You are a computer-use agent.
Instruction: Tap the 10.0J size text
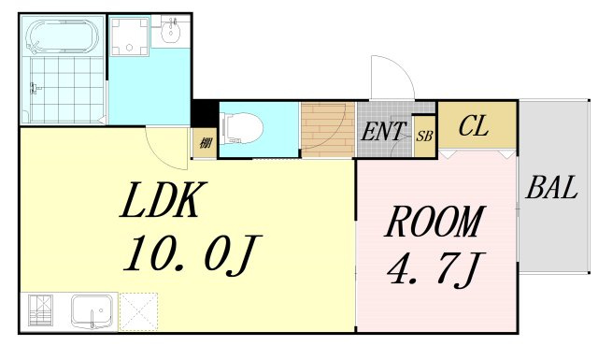pos(192,252)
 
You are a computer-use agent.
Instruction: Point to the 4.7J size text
pos(436,269)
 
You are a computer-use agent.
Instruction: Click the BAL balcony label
pos(552,187)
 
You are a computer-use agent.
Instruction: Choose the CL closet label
pos(474,126)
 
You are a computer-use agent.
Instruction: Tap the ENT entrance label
pos(382,131)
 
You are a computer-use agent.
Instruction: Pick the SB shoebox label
pos(424,136)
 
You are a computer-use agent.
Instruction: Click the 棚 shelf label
pos(206,143)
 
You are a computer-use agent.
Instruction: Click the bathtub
pos(63,36)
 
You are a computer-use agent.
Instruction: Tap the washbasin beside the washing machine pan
pos(171,31)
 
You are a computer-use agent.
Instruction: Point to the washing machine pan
pos(130,36)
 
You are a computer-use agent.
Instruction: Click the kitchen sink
pos(92,311)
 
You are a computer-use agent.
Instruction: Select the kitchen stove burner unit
pos(40,310)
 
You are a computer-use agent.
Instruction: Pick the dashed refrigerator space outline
pos(139,311)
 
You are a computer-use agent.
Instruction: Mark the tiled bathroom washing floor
pos(67,90)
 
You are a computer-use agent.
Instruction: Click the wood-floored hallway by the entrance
pos(328,130)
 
